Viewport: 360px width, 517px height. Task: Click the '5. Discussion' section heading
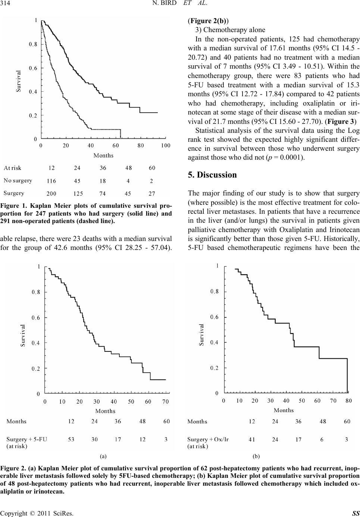coord(212,175)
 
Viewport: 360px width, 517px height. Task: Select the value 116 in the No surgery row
coord(51,181)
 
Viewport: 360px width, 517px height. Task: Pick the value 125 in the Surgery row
coord(78,193)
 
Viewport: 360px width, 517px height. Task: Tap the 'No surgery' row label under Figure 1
coord(18,181)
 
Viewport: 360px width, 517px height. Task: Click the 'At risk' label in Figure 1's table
coord(13,168)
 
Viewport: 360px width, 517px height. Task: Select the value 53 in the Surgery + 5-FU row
coord(71,439)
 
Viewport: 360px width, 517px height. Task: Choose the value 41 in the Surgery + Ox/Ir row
coord(252,439)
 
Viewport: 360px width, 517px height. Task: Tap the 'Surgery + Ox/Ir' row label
coord(208,439)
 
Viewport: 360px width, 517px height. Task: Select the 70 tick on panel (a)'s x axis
coord(165,402)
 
